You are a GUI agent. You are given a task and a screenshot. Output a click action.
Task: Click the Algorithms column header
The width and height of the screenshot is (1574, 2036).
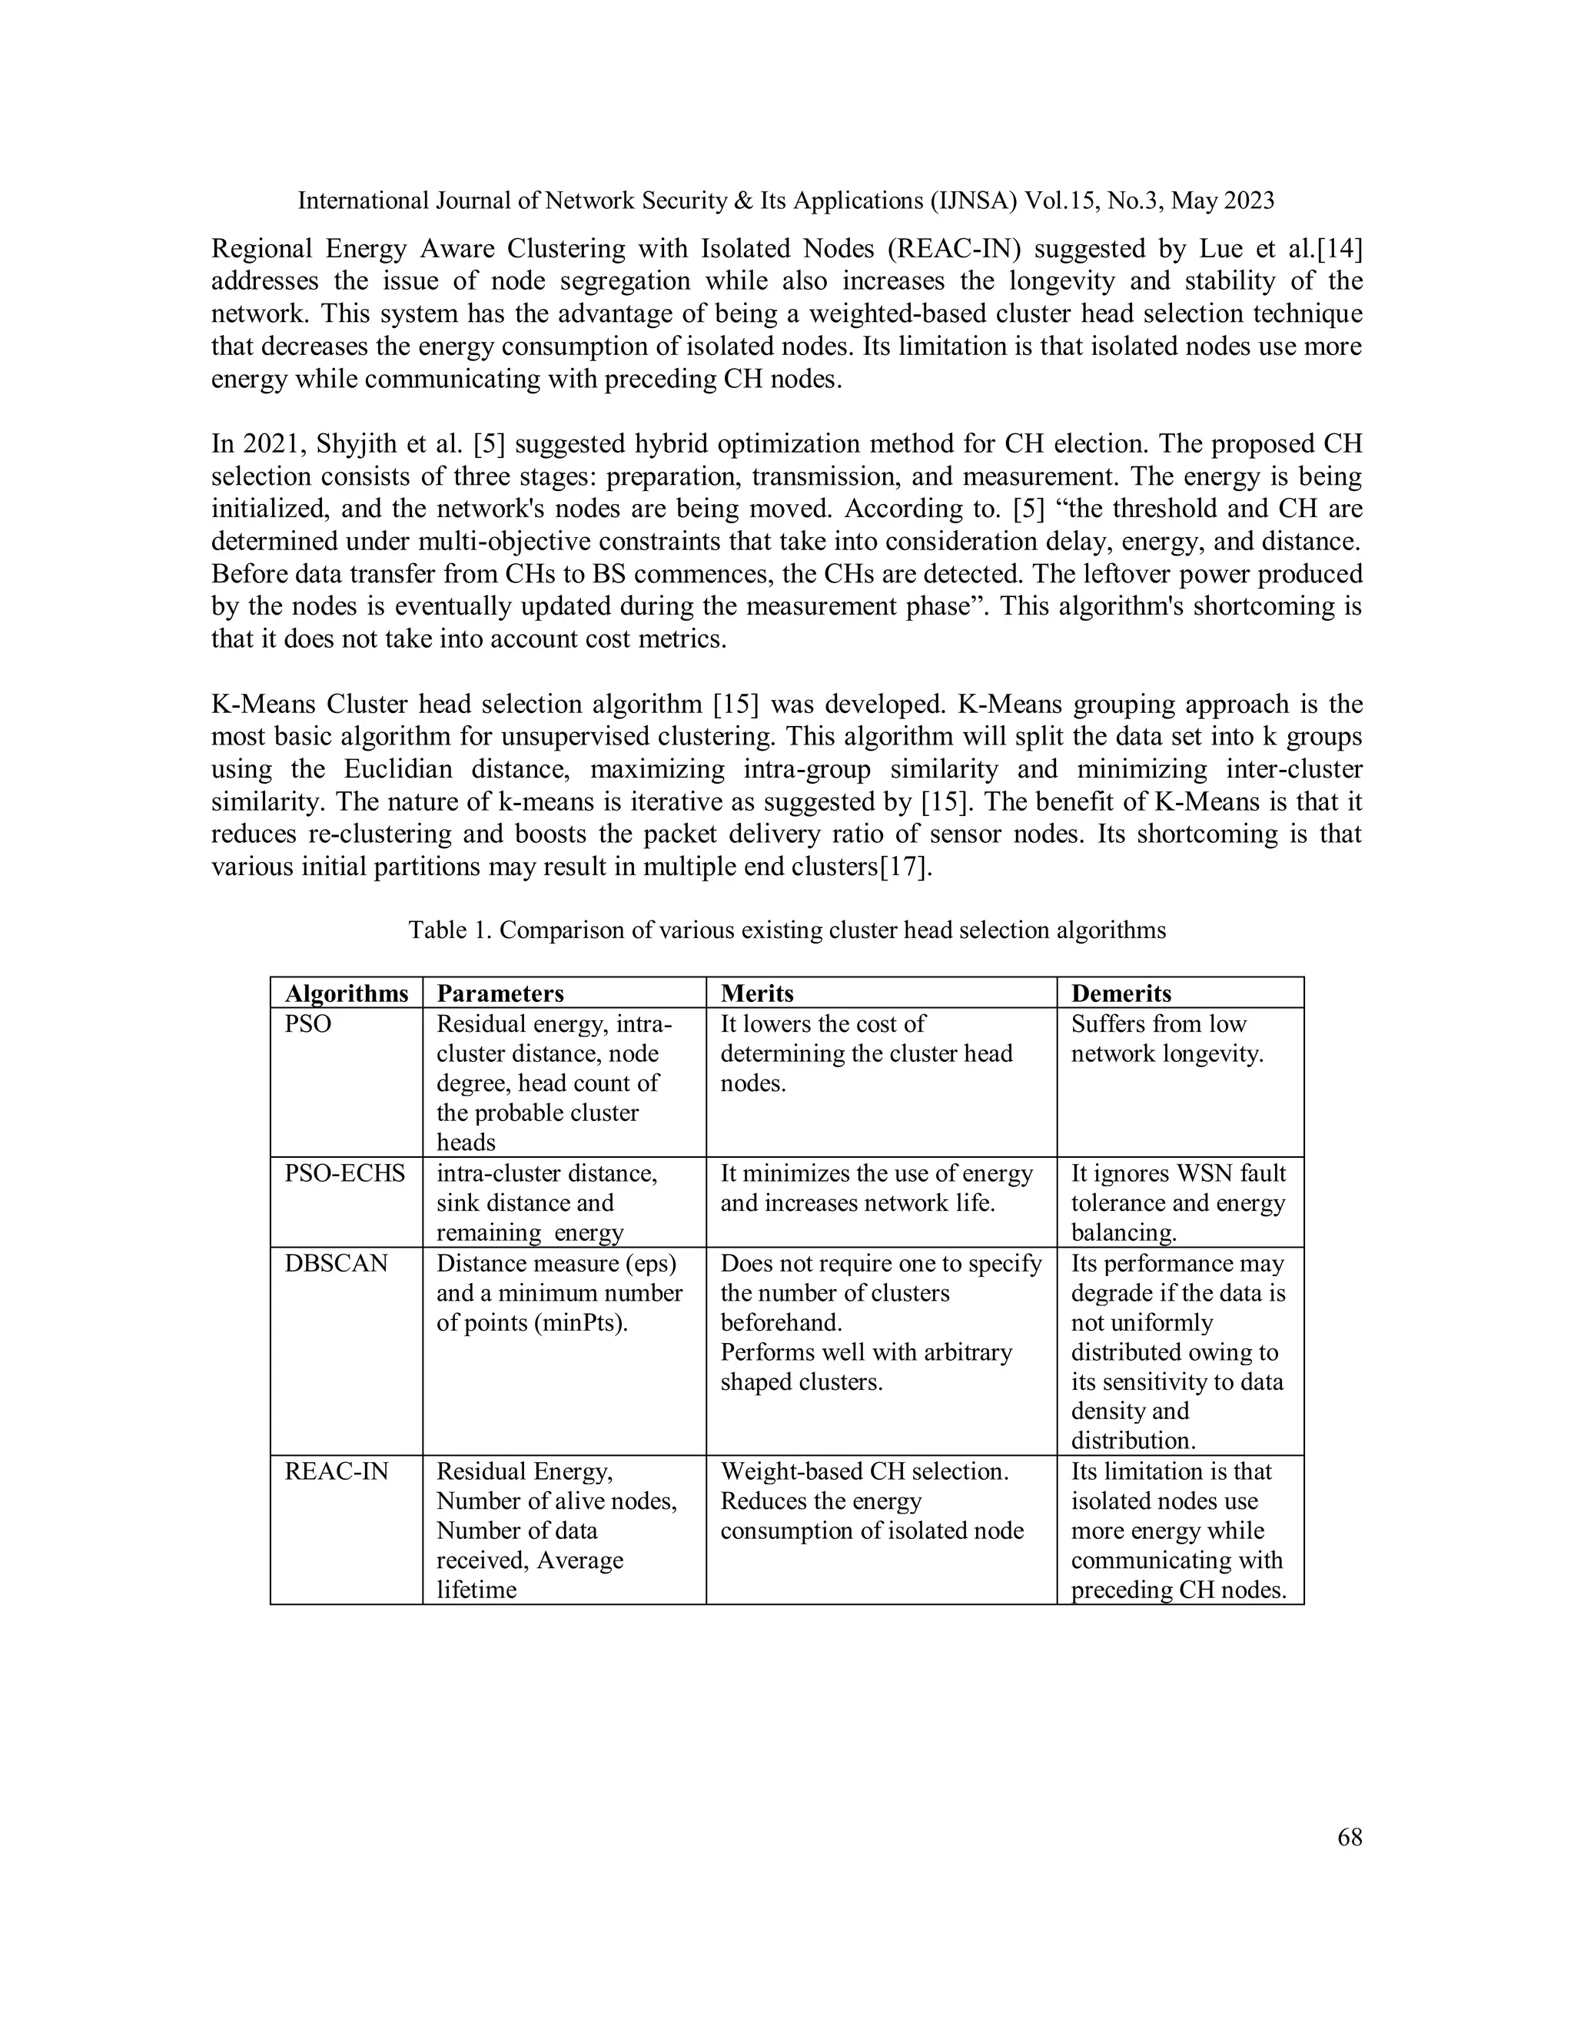(346, 993)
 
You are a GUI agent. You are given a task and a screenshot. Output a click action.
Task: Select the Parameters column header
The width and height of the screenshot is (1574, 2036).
(501, 993)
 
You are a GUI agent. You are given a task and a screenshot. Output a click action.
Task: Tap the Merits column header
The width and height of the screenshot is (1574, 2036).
(757, 993)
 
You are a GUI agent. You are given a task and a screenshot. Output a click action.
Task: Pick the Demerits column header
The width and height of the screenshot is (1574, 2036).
(1121, 993)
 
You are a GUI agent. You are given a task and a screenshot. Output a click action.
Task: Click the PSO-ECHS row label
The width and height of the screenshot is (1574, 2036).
(345, 1174)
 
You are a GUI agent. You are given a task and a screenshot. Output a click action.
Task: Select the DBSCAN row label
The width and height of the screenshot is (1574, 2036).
(336, 1264)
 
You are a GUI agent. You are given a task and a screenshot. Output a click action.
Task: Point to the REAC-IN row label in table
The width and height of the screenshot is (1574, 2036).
(337, 1472)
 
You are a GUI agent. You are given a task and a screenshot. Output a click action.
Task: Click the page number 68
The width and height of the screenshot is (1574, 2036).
(1350, 1838)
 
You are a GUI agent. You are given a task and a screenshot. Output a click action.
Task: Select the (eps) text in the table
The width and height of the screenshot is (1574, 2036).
(652, 1263)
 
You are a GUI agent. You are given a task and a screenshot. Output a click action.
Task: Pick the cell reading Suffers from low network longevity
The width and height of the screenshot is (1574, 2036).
(1167, 1040)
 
